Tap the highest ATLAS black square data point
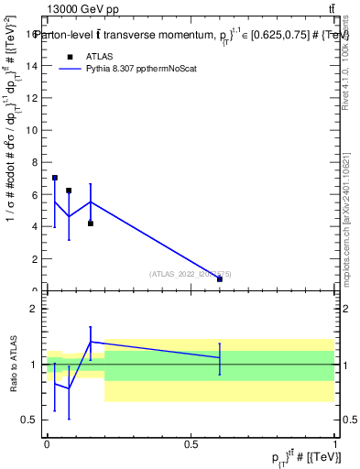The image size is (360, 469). click(x=55, y=178)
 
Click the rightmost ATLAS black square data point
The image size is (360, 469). click(x=220, y=278)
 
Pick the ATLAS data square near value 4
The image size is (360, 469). click(x=91, y=224)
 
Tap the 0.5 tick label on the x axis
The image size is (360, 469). click(x=191, y=442)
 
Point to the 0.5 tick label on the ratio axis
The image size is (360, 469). click(x=31, y=420)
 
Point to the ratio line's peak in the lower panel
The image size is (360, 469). click(x=91, y=342)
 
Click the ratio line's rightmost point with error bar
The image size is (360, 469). click(x=220, y=357)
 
